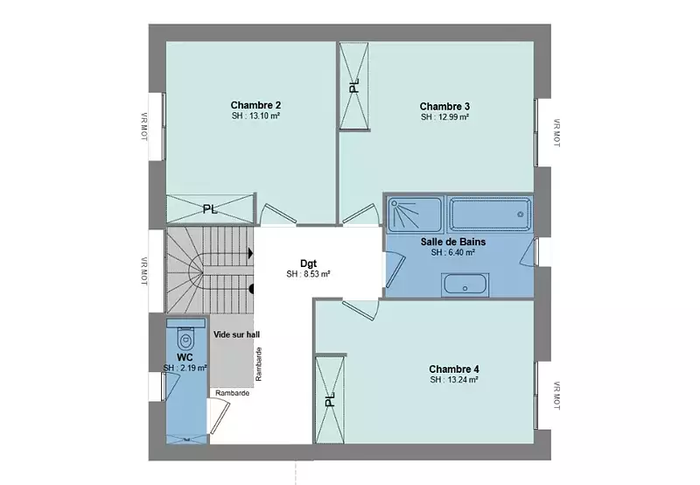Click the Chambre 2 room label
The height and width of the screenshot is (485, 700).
click(255, 105)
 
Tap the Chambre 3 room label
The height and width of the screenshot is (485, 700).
click(444, 106)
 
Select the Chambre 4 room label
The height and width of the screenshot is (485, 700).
click(454, 369)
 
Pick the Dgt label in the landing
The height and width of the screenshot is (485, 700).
click(309, 264)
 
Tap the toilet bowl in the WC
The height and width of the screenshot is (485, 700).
click(185, 339)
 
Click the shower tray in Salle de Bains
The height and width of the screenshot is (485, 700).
click(414, 214)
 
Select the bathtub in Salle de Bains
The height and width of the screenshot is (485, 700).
click(490, 214)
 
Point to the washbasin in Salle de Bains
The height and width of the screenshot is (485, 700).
click(465, 285)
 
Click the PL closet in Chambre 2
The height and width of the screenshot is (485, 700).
click(210, 209)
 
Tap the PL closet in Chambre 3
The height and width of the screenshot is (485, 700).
click(354, 86)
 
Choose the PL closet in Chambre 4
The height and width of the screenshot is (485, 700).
click(331, 399)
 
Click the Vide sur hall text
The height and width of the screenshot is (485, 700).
click(236, 334)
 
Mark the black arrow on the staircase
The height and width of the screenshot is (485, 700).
click(251, 254)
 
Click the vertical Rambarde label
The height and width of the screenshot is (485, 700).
click(259, 364)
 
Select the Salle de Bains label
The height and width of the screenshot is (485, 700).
click(453, 242)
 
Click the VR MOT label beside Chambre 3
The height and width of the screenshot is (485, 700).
click(556, 133)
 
